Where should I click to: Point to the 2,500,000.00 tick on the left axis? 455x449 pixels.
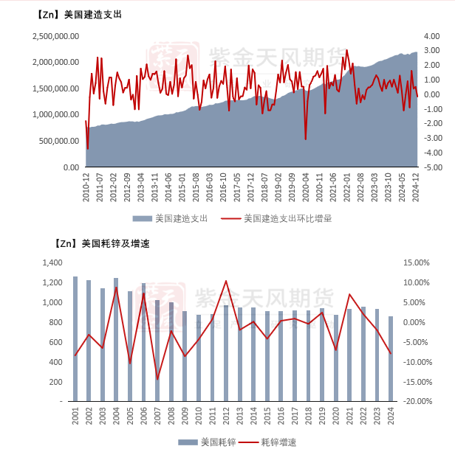pyautogui.click(x=55, y=36)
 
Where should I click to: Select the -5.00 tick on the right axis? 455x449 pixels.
pyautogui.click(x=434, y=167)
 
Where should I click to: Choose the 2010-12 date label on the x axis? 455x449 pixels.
pyautogui.click(x=86, y=187)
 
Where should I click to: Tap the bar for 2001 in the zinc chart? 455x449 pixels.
pyautogui.click(x=75, y=339)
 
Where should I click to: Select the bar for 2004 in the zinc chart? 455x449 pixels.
pyautogui.click(x=116, y=340)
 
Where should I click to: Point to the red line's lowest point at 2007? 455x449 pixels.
pyautogui.click(x=157, y=380)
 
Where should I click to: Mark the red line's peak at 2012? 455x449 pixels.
pyautogui.click(x=226, y=281)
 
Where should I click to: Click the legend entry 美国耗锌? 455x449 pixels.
pyautogui.click(x=211, y=442)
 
